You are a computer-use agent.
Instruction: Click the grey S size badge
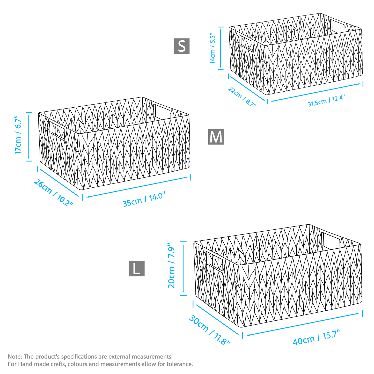(x=182, y=46)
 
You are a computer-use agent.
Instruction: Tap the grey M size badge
(x=216, y=137)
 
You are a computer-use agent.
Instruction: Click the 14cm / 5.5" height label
(x=212, y=48)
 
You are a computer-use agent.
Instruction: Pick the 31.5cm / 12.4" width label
(x=326, y=101)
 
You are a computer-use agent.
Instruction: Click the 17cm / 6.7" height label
(x=18, y=135)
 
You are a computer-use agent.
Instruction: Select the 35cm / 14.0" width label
(x=144, y=199)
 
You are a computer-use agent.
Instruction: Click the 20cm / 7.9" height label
(x=171, y=266)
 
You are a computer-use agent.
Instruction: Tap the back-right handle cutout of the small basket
(x=338, y=26)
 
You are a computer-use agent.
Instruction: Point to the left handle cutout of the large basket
(x=215, y=262)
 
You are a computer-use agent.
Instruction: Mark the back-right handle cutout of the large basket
(x=331, y=241)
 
